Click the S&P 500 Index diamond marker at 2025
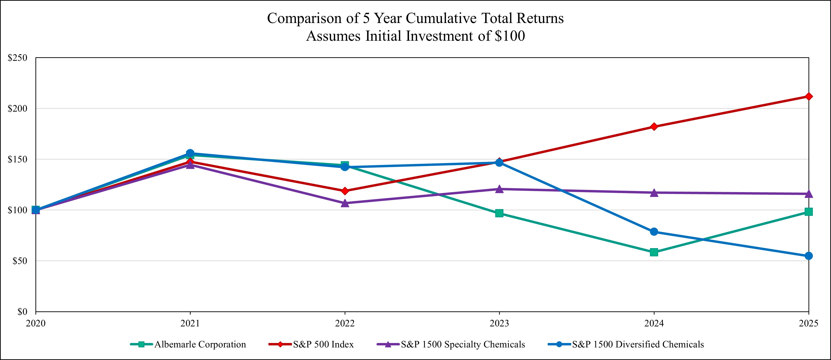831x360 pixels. [808, 97]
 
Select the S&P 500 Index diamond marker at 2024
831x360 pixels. [654, 126]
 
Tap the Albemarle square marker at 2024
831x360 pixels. [654, 252]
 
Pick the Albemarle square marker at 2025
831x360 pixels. [808, 211]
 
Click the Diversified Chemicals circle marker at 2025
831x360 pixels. [808, 256]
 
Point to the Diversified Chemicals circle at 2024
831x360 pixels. [654, 232]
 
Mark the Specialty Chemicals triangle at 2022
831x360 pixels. [345, 203]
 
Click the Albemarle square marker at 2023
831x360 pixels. [499, 213]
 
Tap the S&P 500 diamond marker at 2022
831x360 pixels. [345, 191]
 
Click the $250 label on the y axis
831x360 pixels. [17, 58]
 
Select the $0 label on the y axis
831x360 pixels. [22, 312]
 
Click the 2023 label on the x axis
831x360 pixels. [499, 323]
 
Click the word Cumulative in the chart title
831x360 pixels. [441, 18]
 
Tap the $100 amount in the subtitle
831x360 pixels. [510, 36]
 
